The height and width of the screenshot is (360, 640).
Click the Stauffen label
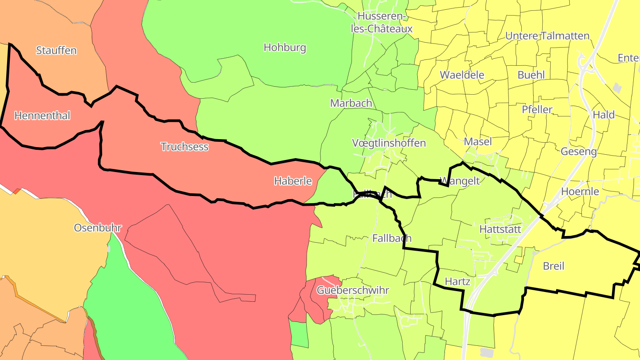click(x=56, y=50)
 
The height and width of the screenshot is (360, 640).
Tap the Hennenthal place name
click(x=42, y=116)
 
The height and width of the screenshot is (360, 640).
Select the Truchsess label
click(x=184, y=146)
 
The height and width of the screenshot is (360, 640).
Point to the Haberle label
click(x=293, y=181)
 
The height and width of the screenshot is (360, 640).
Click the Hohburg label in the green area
click(x=285, y=47)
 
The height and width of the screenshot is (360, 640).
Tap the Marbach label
click(x=351, y=103)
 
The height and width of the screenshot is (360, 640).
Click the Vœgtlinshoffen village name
click(x=389, y=143)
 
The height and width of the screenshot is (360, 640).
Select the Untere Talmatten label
click(x=548, y=36)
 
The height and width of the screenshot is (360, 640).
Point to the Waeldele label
click(x=462, y=74)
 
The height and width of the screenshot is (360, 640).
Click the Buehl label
click(x=531, y=74)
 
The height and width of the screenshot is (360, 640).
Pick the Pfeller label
click(x=537, y=109)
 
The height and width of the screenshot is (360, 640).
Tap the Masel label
click(x=478, y=141)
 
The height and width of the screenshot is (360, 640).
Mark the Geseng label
click(x=579, y=152)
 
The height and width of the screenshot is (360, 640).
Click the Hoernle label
click(x=580, y=192)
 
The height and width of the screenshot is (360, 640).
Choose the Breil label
click(x=554, y=266)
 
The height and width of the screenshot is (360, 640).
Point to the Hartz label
click(x=457, y=281)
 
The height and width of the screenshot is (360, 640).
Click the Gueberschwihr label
click(x=353, y=290)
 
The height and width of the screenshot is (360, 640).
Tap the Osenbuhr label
click(x=98, y=228)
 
